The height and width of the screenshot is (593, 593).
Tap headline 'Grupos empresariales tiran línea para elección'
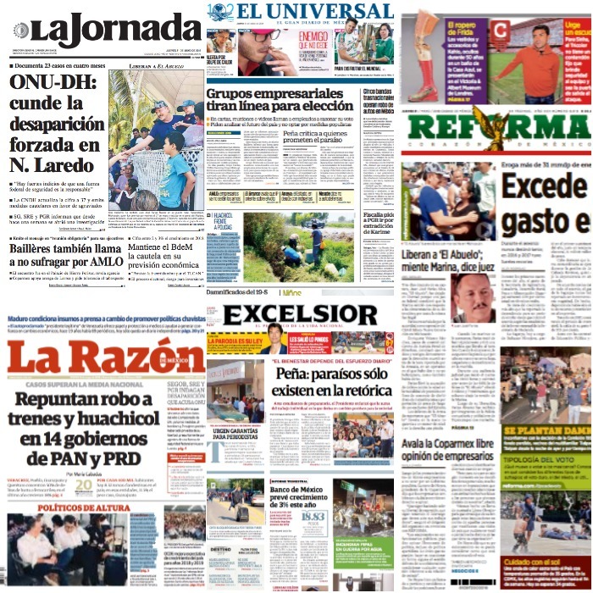[280, 98]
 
